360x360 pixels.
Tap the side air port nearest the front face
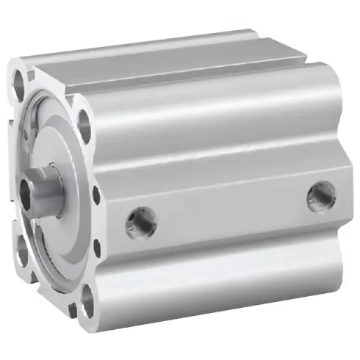[136, 219]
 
